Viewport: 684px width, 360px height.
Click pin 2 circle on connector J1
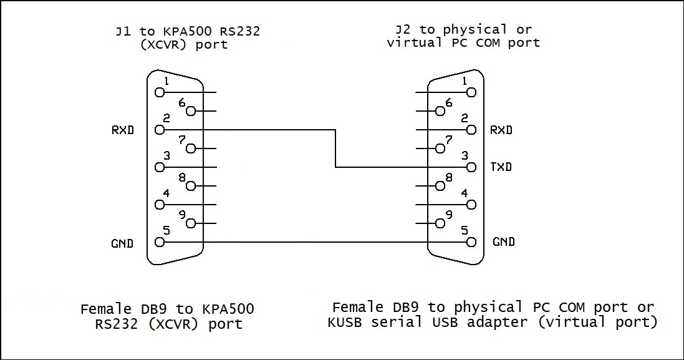(x=160, y=130)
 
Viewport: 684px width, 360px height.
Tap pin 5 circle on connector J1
(x=160, y=242)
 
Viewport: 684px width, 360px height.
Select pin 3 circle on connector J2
(x=471, y=167)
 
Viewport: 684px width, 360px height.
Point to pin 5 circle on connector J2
(x=471, y=242)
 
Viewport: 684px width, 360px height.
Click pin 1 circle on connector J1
(x=160, y=92)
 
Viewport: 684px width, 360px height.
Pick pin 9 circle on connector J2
(x=440, y=223)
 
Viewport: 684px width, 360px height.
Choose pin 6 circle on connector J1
(x=191, y=111)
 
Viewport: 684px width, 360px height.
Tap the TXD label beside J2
(x=501, y=167)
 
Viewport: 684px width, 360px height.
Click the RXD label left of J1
(x=123, y=130)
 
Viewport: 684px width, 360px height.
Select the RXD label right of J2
(x=501, y=130)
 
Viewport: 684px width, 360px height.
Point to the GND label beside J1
(x=122, y=243)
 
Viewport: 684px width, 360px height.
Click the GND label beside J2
(x=504, y=242)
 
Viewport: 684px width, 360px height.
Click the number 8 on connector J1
(x=182, y=177)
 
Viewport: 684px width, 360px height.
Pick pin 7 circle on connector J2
(x=440, y=148)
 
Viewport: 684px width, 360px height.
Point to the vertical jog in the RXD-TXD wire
(x=336, y=148)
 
